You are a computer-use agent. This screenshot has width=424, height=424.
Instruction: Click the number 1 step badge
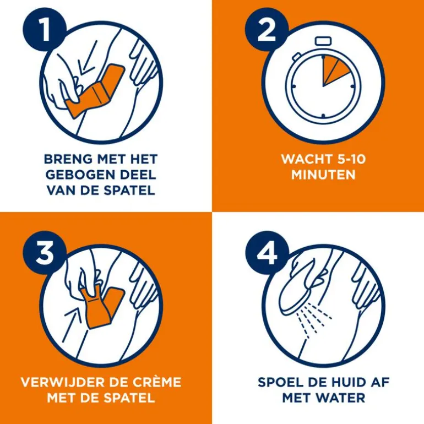(x=45, y=30)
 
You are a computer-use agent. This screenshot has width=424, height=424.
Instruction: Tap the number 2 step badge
(x=267, y=30)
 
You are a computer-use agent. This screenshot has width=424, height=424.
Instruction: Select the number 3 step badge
(x=45, y=253)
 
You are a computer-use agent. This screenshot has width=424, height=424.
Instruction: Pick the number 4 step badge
(x=267, y=253)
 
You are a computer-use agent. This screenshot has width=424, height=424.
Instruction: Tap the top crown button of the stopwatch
(x=323, y=41)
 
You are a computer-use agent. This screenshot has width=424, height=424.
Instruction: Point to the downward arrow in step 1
(x=88, y=58)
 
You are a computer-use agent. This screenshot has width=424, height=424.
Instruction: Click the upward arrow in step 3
(x=73, y=324)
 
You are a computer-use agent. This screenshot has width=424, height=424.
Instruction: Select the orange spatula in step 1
(x=95, y=91)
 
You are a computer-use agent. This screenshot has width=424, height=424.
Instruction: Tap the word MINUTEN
(x=323, y=175)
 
